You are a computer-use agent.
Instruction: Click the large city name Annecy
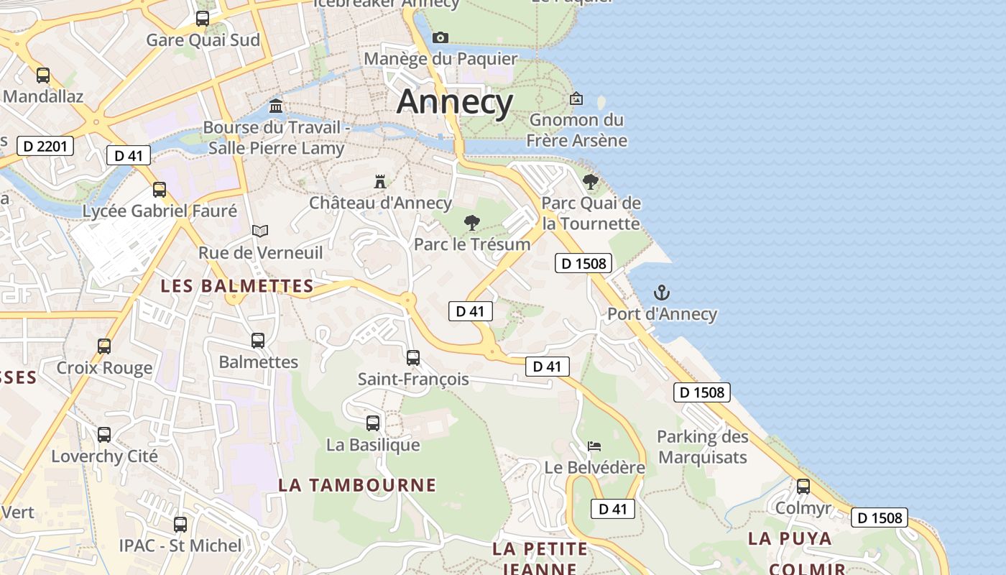455,101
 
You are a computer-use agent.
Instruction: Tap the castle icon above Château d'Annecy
380,181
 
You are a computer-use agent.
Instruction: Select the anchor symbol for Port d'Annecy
661,293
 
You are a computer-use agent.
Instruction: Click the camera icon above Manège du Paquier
440,37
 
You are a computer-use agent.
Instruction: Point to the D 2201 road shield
45,147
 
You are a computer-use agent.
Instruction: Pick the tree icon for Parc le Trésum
471,223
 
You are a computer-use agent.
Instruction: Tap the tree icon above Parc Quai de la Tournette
591,182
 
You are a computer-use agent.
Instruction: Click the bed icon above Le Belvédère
594,446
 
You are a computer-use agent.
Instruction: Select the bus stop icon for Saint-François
413,357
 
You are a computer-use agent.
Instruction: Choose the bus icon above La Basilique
373,423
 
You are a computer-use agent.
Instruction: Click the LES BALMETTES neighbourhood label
237,286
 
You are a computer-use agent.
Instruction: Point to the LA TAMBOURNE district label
357,485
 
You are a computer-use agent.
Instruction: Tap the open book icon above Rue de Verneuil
260,231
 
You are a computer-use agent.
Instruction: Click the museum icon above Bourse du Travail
275,106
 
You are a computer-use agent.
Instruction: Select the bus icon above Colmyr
803,487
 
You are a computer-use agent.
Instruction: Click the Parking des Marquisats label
702,447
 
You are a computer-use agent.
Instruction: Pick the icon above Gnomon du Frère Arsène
576,98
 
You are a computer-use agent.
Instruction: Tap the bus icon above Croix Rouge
104,346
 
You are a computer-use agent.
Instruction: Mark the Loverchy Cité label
104,456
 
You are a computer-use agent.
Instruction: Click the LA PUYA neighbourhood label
790,538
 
